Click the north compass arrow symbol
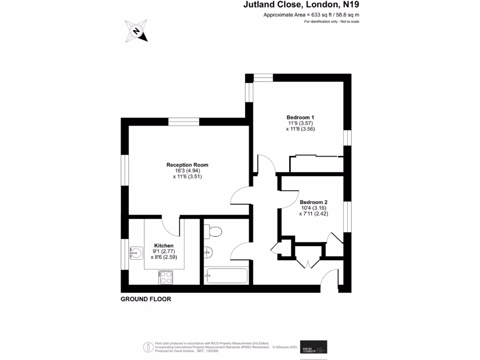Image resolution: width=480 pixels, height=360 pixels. (136, 31)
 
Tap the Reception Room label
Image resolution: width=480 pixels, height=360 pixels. (187, 165)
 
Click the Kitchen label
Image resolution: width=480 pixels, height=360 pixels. (164, 246)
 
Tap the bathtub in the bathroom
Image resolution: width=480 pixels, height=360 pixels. (226, 276)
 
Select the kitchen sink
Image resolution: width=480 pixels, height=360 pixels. (136, 254)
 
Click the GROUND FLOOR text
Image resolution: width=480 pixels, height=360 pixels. (146, 299)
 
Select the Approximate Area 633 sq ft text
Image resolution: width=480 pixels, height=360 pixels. (311, 15)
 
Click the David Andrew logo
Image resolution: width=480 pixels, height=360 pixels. (314, 347)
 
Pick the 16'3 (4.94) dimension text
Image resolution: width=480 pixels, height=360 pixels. (187, 171)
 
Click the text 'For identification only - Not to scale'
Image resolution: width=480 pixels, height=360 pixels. (331, 22)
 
